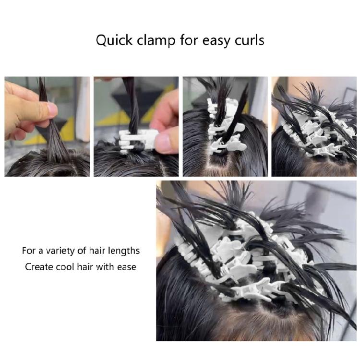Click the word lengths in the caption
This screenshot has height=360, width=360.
click(x=123, y=251)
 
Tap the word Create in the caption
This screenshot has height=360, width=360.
click(x=39, y=266)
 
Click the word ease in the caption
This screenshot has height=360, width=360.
click(x=126, y=266)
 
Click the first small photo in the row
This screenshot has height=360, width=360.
click(x=47, y=126)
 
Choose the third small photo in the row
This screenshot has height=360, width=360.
click(x=225, y=126)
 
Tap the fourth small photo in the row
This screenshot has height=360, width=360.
click(x=314, y=126)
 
